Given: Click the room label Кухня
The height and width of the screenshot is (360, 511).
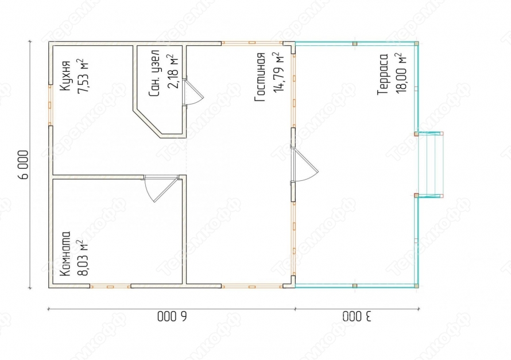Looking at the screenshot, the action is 65,75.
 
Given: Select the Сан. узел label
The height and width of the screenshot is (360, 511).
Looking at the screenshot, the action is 154,73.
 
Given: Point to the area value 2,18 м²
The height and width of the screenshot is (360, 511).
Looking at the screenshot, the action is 172,72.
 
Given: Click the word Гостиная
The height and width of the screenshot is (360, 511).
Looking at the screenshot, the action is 261,77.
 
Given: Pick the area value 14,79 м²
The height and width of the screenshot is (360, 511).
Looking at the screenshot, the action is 278,72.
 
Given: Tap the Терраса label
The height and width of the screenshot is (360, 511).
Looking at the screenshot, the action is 383,75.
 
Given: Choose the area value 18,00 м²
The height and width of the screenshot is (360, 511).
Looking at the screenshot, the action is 401,73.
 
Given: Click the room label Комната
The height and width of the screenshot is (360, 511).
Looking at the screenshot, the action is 65,254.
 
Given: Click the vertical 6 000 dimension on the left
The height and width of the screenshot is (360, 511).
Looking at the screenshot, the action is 24,165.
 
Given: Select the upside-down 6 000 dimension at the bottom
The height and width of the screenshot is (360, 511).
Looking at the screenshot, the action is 172,316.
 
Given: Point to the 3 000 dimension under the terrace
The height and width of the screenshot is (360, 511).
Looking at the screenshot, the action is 357,316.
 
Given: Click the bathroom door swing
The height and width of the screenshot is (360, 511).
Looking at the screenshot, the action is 192,92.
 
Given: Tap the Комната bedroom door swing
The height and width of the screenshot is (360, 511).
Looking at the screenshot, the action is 160,188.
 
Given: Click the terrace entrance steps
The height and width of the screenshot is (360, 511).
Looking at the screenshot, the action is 429,165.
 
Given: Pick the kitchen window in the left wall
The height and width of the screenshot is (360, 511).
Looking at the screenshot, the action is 50,104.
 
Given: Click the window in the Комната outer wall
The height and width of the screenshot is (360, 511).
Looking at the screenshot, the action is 110,287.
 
